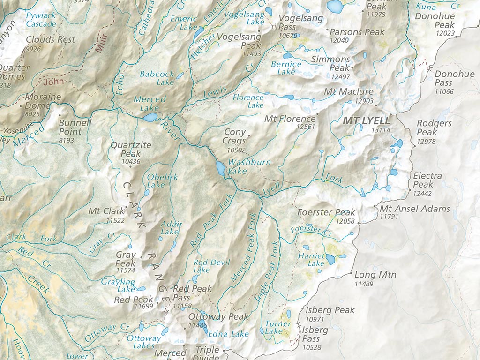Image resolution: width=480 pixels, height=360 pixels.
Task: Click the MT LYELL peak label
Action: tap(366, 120)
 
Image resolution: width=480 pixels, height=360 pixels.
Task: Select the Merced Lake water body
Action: tap(150, 117)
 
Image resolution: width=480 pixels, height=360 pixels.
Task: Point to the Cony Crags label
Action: tap(235, 136)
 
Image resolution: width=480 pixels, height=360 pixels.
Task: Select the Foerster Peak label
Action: tap(327, 212)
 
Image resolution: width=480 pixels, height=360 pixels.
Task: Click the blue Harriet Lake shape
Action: tap(331, 259)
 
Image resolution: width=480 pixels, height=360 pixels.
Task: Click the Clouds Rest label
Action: tap(50, 40)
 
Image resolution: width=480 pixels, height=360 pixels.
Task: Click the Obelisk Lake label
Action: tap(162, 180)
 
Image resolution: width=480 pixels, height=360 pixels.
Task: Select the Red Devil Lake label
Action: tap(205, 266)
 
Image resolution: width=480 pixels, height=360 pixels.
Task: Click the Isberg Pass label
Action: tap(315, 334)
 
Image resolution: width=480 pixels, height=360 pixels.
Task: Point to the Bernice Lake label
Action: tap(286, 67)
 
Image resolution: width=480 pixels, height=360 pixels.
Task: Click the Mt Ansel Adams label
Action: tap(415, 209)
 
